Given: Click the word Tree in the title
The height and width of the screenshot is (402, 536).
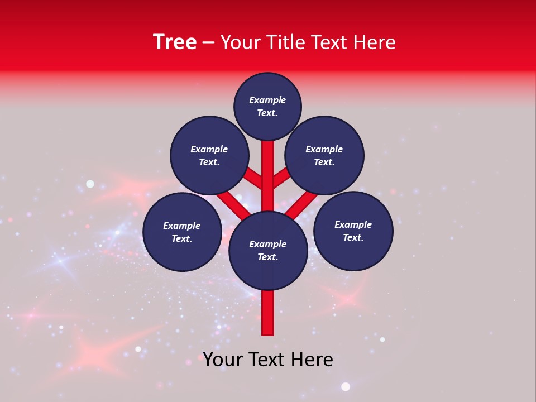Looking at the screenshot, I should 175,42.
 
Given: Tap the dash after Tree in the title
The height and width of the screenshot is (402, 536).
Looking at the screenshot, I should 208,44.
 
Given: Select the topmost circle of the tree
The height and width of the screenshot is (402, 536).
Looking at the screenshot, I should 267,107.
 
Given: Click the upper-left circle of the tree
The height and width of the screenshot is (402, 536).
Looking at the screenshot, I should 209,156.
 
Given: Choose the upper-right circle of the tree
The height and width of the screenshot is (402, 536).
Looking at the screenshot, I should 324,156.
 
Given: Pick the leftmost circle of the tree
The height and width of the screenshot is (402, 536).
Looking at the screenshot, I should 182,232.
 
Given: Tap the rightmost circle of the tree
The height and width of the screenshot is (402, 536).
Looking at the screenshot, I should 353,231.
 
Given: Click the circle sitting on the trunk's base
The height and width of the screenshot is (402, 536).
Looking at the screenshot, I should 268,251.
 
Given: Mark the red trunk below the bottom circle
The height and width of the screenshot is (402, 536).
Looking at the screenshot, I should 268,313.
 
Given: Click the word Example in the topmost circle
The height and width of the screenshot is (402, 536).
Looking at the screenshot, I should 267,100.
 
